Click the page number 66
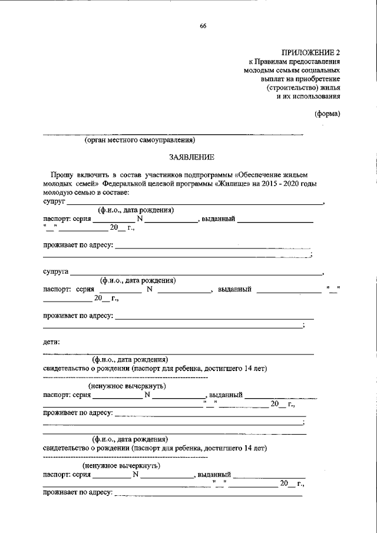203,25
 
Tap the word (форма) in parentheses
327,114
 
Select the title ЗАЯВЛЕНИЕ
189,157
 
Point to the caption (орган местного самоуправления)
139,141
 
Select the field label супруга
56,273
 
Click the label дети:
51,342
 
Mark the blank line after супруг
194,203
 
